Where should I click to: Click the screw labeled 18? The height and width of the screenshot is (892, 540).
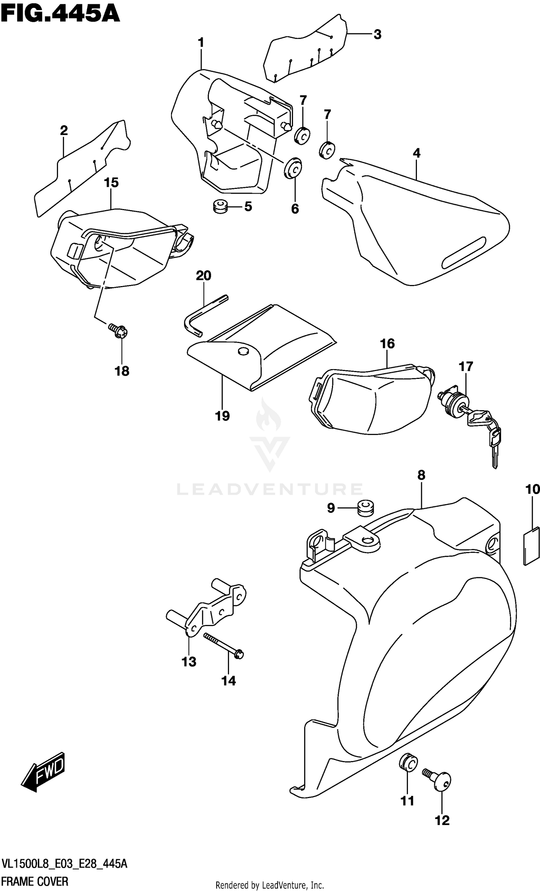(118, 330)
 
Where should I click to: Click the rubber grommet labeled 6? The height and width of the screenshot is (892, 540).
(293, 168)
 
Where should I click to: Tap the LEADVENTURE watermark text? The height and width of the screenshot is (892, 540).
(269, 489)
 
